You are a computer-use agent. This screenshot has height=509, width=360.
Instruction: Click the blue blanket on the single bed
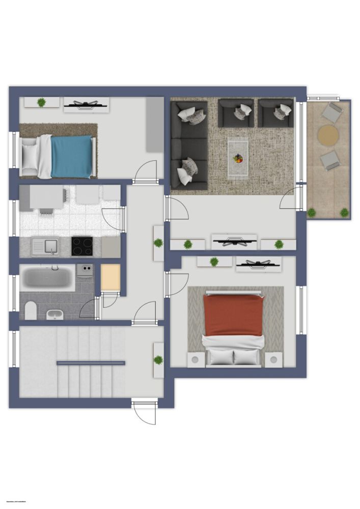[71, 156]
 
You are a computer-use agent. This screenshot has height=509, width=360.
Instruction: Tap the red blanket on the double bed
[233, 316]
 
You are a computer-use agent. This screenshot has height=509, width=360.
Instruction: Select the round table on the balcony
[328, 135]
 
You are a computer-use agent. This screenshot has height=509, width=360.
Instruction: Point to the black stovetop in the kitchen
[82, 246]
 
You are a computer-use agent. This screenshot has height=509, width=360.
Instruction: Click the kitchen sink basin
[51, 246]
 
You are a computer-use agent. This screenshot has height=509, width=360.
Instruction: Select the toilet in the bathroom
[31, 309]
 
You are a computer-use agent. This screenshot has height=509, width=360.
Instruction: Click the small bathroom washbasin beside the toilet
[54, 314]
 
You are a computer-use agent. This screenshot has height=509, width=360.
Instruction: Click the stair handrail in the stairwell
[91, 363]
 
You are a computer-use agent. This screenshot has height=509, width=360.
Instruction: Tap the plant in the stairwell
[158, 360]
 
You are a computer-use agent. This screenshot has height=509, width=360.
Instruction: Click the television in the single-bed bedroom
[86, 105]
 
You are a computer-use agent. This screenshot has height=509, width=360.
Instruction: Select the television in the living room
[234, 241]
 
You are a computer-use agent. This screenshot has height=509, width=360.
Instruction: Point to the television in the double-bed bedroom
[259, 263]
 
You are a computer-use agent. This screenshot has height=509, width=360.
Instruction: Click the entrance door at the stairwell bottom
[144, 412]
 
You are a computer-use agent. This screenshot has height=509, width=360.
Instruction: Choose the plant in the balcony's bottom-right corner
[344, 212]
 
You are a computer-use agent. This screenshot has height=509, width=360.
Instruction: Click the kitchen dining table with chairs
[46, 197]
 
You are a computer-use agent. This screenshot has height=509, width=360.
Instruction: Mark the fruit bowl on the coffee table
[238, 159]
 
